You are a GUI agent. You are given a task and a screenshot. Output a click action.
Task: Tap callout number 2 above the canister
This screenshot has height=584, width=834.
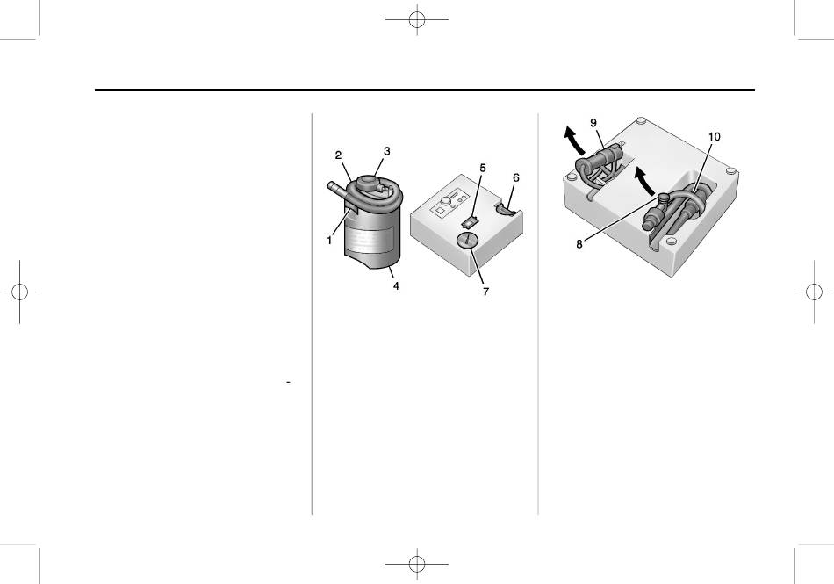(337, 155)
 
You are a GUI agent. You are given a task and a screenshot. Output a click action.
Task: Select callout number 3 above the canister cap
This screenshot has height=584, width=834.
(384, 151)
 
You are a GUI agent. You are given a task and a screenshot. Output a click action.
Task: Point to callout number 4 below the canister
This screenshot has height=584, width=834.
(396, 285)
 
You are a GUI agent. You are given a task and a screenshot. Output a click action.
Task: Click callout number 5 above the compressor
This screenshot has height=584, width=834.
(481, 168)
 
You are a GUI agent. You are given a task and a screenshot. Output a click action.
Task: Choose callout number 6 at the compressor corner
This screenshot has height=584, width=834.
(516, 177)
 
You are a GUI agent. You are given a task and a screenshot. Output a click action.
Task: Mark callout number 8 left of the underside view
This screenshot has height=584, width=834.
(580, 244)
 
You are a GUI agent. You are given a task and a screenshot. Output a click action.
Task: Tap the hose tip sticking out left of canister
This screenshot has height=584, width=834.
(333, 187)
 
